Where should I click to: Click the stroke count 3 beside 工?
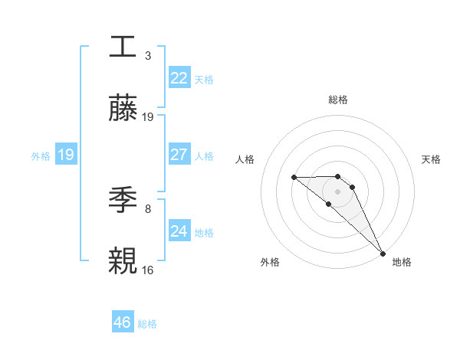[147, 55]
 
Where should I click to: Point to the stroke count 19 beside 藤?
[148, 117]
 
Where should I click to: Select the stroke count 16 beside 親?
[148, 270]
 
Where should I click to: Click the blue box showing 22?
[179, 77]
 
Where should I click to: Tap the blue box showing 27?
[179, 154]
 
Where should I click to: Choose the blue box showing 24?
[179, 231]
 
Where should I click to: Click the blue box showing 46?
[123, 322]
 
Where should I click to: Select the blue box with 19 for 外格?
[66, 154]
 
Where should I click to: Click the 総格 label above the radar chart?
[338, 100]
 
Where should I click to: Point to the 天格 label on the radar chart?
[432, 159]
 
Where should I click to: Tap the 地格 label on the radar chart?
[402, 262]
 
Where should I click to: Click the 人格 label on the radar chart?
[245, 159]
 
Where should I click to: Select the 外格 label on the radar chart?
[270, 262]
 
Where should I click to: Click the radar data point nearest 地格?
[383, 253]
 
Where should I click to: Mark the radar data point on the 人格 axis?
[294, 178]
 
